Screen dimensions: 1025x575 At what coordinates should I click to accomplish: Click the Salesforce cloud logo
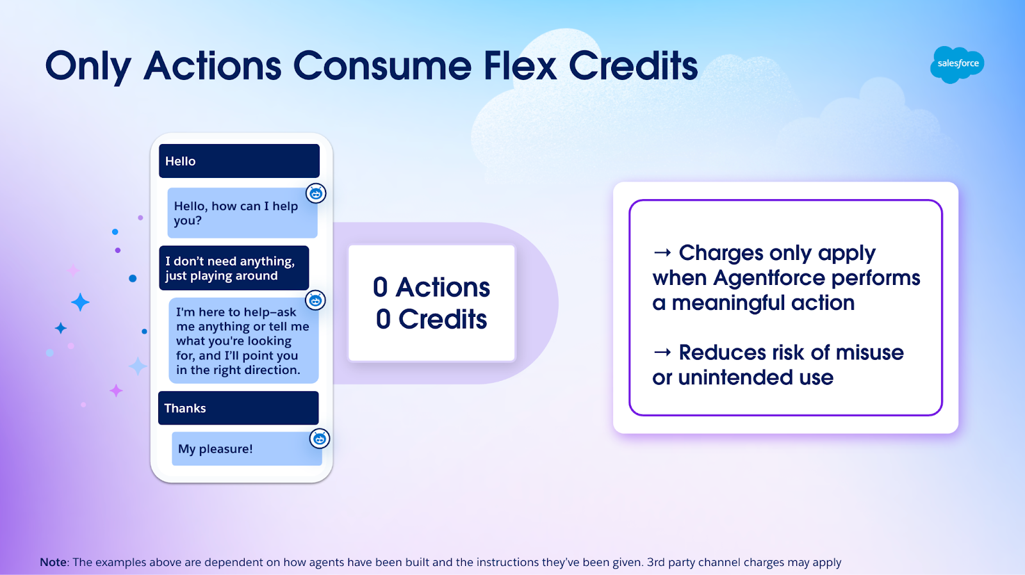(x=957, y=65)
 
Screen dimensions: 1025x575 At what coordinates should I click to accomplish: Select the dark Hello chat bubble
(x=240, y=161)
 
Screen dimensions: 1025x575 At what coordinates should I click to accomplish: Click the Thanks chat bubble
(x=238, y=408)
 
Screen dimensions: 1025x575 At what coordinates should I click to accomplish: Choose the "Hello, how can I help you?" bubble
(x=243, y=213)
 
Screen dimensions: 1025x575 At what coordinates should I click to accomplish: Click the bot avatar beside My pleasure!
(x=320, y=439)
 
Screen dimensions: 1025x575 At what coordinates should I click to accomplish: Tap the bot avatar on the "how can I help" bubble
(x=316, y=193)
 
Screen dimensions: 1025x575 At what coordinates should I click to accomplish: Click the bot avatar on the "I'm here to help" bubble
(x=315, y=300)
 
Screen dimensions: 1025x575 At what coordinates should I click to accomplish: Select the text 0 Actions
(x=432, y=287)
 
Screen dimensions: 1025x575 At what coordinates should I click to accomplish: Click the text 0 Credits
(x=432, y=320)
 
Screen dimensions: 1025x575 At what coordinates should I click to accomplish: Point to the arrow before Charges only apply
(x=662, y=252)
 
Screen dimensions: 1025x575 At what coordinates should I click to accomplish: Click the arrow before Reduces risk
(x=662, y=352)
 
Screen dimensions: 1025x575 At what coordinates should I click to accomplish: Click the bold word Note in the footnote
(x=53, y=562)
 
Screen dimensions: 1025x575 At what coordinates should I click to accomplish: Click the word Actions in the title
(x=212, y=66)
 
